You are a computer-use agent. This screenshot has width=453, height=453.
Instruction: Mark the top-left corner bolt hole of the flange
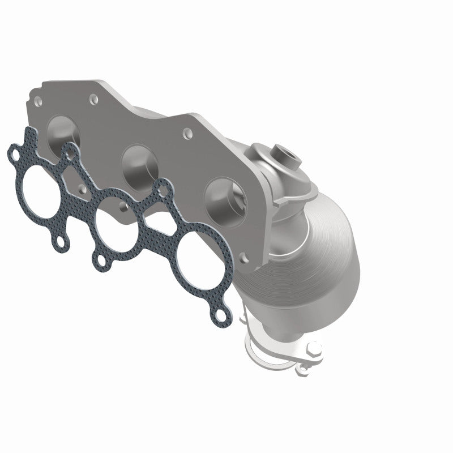[x=37, y=102]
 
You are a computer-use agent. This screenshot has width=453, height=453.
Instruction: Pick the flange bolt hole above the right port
[x=186, y=135]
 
